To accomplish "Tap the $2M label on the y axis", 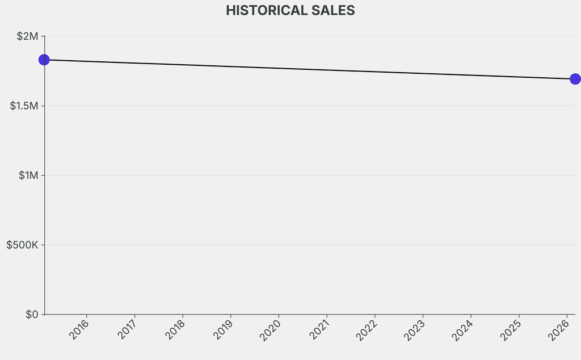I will coord(27,36).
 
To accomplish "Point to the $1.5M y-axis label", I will coord(24,106).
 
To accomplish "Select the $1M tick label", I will coord(27,175).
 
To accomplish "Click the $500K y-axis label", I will coord(22,245).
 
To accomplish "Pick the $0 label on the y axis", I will coord(31,315).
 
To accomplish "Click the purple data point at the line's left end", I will coord(44,60).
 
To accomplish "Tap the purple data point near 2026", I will coord(575,79).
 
